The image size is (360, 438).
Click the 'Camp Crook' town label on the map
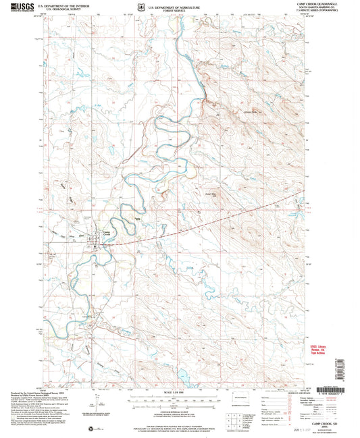click(106, 231)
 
